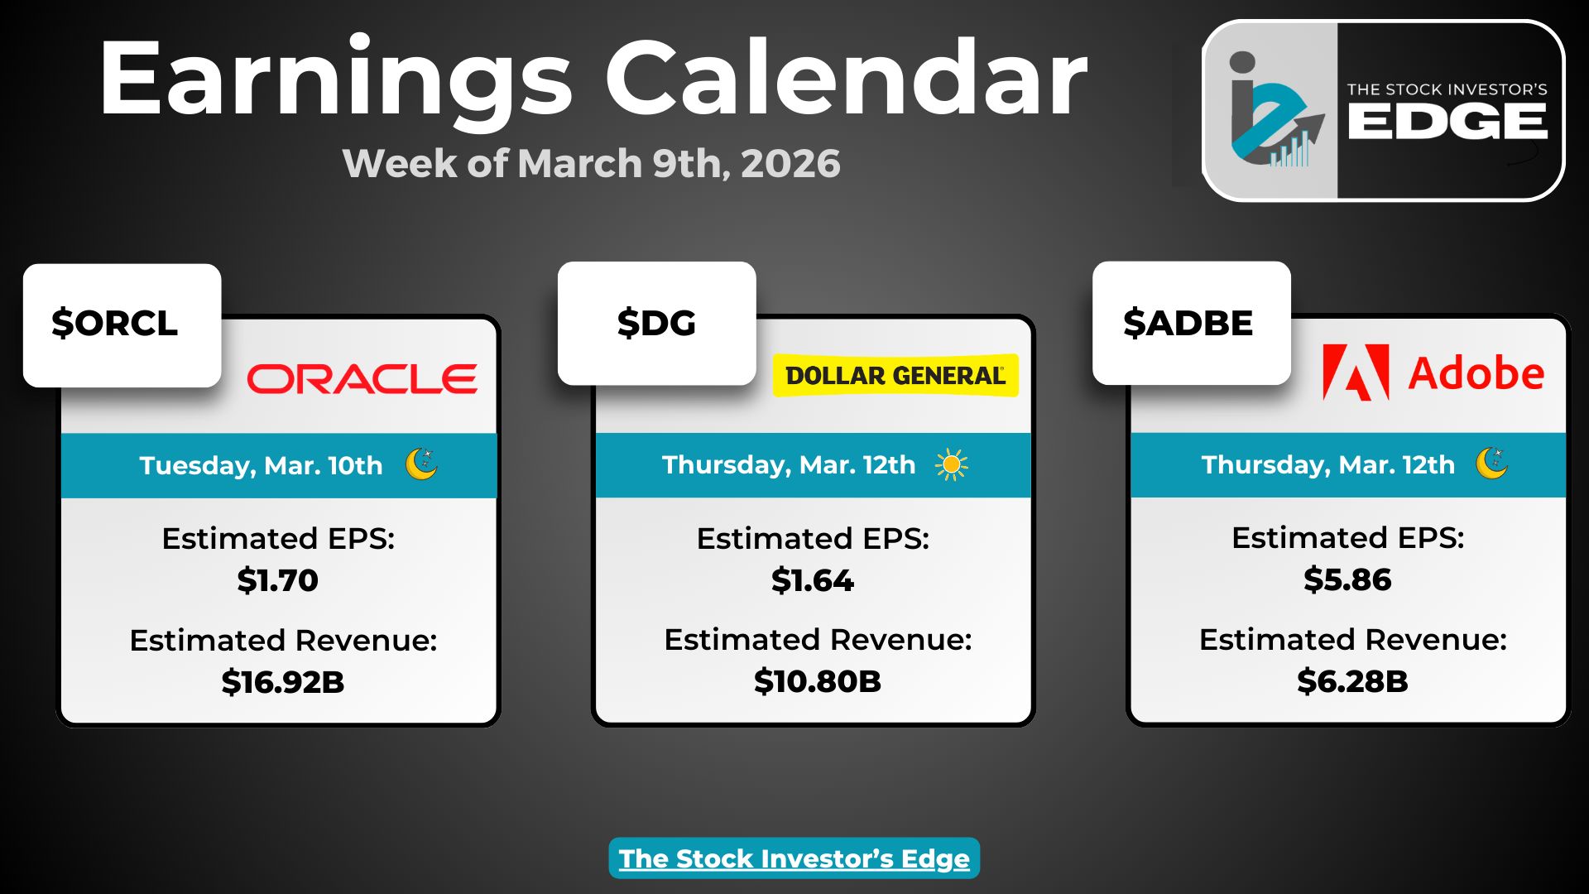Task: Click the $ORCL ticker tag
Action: point(122,325)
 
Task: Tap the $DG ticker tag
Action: point(657,324)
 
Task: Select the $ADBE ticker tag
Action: point(1192,324)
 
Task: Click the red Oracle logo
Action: point(362,379)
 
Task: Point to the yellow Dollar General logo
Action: point(895,376)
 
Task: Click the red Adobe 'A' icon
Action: point(1356,372)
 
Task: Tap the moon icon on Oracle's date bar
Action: point(422,464)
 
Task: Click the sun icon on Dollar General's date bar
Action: point(952,465)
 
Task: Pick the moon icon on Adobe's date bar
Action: point(1492,464)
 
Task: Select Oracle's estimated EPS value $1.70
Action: point(278,580)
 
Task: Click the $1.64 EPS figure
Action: point(813,580)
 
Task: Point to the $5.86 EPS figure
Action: point(1347,579)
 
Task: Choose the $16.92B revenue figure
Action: point(283,682)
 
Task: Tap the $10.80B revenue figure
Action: point(818,681)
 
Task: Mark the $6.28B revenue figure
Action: point(1352,681)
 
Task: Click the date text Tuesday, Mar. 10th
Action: point(262,465)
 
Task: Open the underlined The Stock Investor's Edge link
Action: point(794,858)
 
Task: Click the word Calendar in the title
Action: point(846,79)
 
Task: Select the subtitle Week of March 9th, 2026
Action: point(592,163)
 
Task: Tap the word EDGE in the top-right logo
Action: point(1447,123)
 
